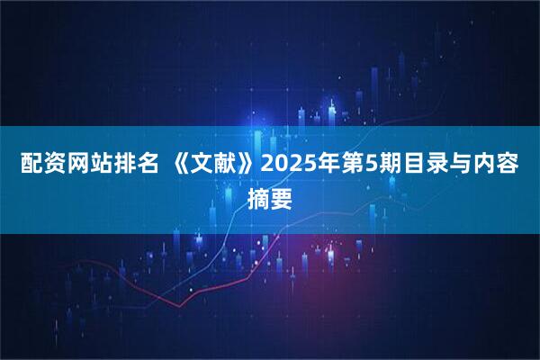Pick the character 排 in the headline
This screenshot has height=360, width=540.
pyautogui.click(x=115, y=167)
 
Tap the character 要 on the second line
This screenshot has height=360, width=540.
pyautogui.click(x=282, y=196)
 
